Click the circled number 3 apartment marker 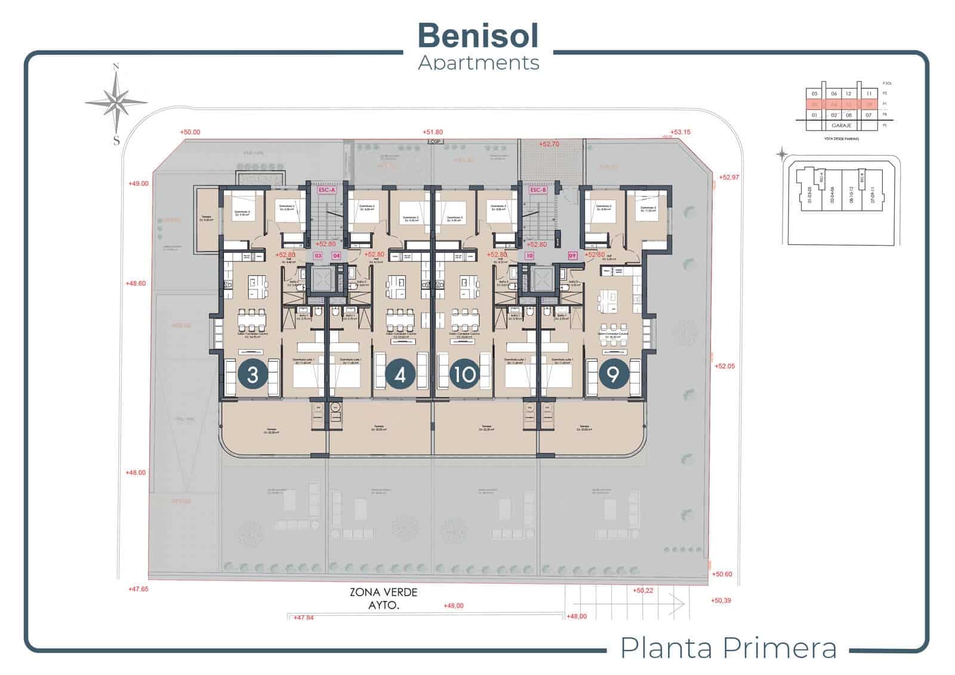click(x=252, y=375)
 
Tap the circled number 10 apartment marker click(x=464, y=375)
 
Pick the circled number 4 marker click(x=400, y=375)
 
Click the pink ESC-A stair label click(x=327, y=190)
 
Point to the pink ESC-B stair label click(x=538, y=190)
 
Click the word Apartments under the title click(x=479, y=63)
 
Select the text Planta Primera click(x=728, y=648)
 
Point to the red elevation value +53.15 click(x=680, y=132)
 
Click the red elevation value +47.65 click(x=138, y=589)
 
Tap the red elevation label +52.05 click(x=725, y=366)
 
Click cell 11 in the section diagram click(x=869, y=94)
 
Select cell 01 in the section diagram click(x=815, y=115)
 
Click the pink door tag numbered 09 click(x=572, y=255)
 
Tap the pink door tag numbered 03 click(x=318, y=255)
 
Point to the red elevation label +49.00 click(x=138, y=184)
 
